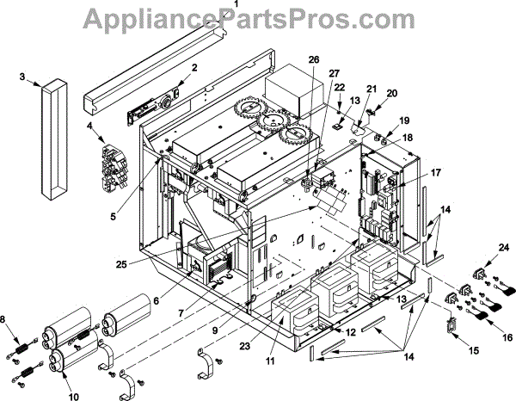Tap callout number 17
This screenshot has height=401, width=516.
[435, 173]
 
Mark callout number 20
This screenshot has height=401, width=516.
[392, 93]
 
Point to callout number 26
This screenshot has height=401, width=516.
[313, 60]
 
